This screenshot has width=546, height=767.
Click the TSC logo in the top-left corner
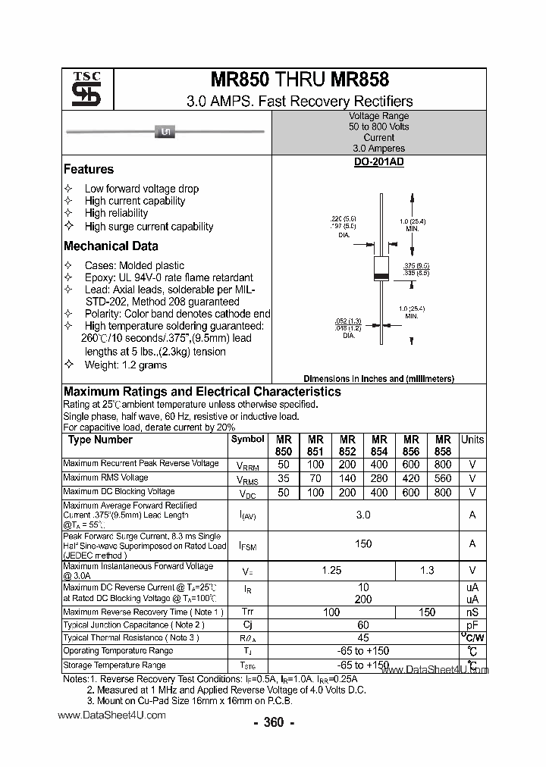81,89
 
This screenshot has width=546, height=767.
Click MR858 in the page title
359,79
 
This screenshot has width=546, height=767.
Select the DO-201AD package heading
378,162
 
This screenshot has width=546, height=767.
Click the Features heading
89,170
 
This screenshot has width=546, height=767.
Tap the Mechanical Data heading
111,246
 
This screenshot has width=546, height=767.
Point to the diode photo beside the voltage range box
165,133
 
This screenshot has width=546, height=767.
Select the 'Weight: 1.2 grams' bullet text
125,365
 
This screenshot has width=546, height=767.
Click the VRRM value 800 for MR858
443,464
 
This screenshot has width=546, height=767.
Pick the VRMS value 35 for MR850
284,478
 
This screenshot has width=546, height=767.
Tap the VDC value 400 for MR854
379,493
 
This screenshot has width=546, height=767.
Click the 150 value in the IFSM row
363,543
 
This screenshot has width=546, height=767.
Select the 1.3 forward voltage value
427,570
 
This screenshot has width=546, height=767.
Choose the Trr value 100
331,612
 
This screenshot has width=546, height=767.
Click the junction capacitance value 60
363,625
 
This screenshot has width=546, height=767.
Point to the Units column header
472,440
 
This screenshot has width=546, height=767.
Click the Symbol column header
248,440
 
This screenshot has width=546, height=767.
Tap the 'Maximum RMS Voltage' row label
105,477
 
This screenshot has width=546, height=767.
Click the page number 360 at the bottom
273,722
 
